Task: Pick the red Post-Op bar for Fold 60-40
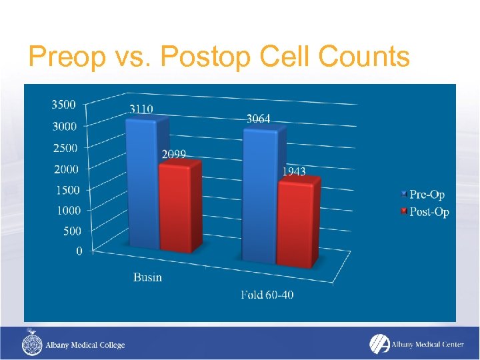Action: [x=296, y=223]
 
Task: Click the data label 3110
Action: [x=141, y=109]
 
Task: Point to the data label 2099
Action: [x=174, y=154]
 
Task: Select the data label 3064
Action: [x=258, y=119]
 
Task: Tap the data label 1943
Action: [x=293, y=171]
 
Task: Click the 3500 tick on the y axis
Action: [x=63, y=105]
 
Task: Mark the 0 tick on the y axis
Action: [x=79, y=251]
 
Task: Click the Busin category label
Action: [x=147, y=277]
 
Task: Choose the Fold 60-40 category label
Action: [x=267, y=295]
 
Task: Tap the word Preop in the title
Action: [x=67, y=57]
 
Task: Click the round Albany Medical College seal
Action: [x=32, y=345]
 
